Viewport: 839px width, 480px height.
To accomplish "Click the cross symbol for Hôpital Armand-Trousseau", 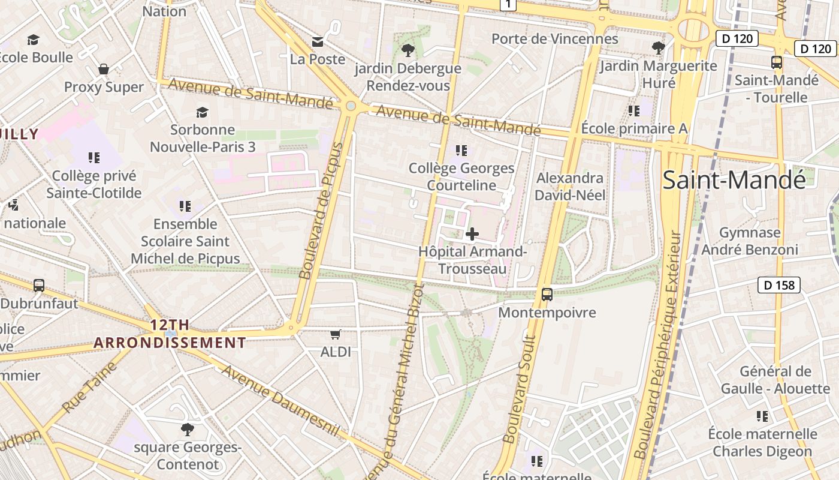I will tap(472, 233).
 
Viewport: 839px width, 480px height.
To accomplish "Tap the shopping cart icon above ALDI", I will tap(336, 334).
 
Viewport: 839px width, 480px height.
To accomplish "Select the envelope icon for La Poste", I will tap(318, 41).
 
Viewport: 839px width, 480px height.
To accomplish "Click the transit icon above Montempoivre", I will tap(547, 294).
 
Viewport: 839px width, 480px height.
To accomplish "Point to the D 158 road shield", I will tap(779, 285).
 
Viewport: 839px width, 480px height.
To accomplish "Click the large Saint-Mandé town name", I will tap(734, 180).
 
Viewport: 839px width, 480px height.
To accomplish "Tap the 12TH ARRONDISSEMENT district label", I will tap(170, 334).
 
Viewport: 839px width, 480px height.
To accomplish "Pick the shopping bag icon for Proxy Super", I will tap(104, 70).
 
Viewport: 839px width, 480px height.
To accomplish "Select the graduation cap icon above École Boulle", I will tap(33, 40).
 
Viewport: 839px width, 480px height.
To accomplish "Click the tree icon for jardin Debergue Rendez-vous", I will tap(408, 50).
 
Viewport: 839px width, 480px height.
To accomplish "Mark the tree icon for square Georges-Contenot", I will tap(187, 429).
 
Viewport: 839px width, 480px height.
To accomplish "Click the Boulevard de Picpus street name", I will tap(323, 211).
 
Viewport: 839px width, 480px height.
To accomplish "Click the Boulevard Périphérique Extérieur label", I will tap(658, 345).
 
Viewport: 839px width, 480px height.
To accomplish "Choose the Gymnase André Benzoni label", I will tap(750, 241).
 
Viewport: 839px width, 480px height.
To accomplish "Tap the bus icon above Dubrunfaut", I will tap(39, 286).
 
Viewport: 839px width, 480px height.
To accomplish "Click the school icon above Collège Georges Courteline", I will tap(461, 150).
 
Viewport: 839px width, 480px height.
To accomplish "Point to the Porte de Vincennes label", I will tap(554, 39).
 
